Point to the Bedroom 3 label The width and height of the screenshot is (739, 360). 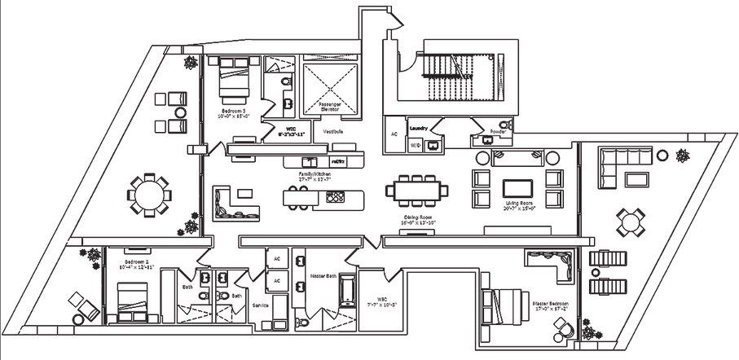(x=232, y=112)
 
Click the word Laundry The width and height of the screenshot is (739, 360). (x=420, y=128)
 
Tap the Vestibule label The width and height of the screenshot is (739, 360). (x=332, y=130)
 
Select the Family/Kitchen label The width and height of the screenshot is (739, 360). (x=317, y=174)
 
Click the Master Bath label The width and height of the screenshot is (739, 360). (x=323, y=276)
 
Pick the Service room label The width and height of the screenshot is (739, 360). (x=261, y=305)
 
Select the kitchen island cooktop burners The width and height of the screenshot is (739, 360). (x=335, y=197)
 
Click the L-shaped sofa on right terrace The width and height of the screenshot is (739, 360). (x=619, y=166)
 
